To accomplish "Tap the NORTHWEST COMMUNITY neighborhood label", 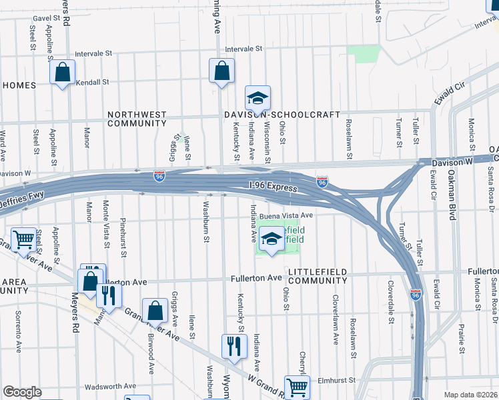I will (x=137, y=119).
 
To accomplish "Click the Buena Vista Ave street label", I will (x=286, y=215).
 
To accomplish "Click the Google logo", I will (x=23, y=392).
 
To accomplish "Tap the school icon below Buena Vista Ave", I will (x=271, y=240).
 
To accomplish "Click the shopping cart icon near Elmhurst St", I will (x=297, y=387).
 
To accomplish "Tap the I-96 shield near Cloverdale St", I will (x=416, y=295).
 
